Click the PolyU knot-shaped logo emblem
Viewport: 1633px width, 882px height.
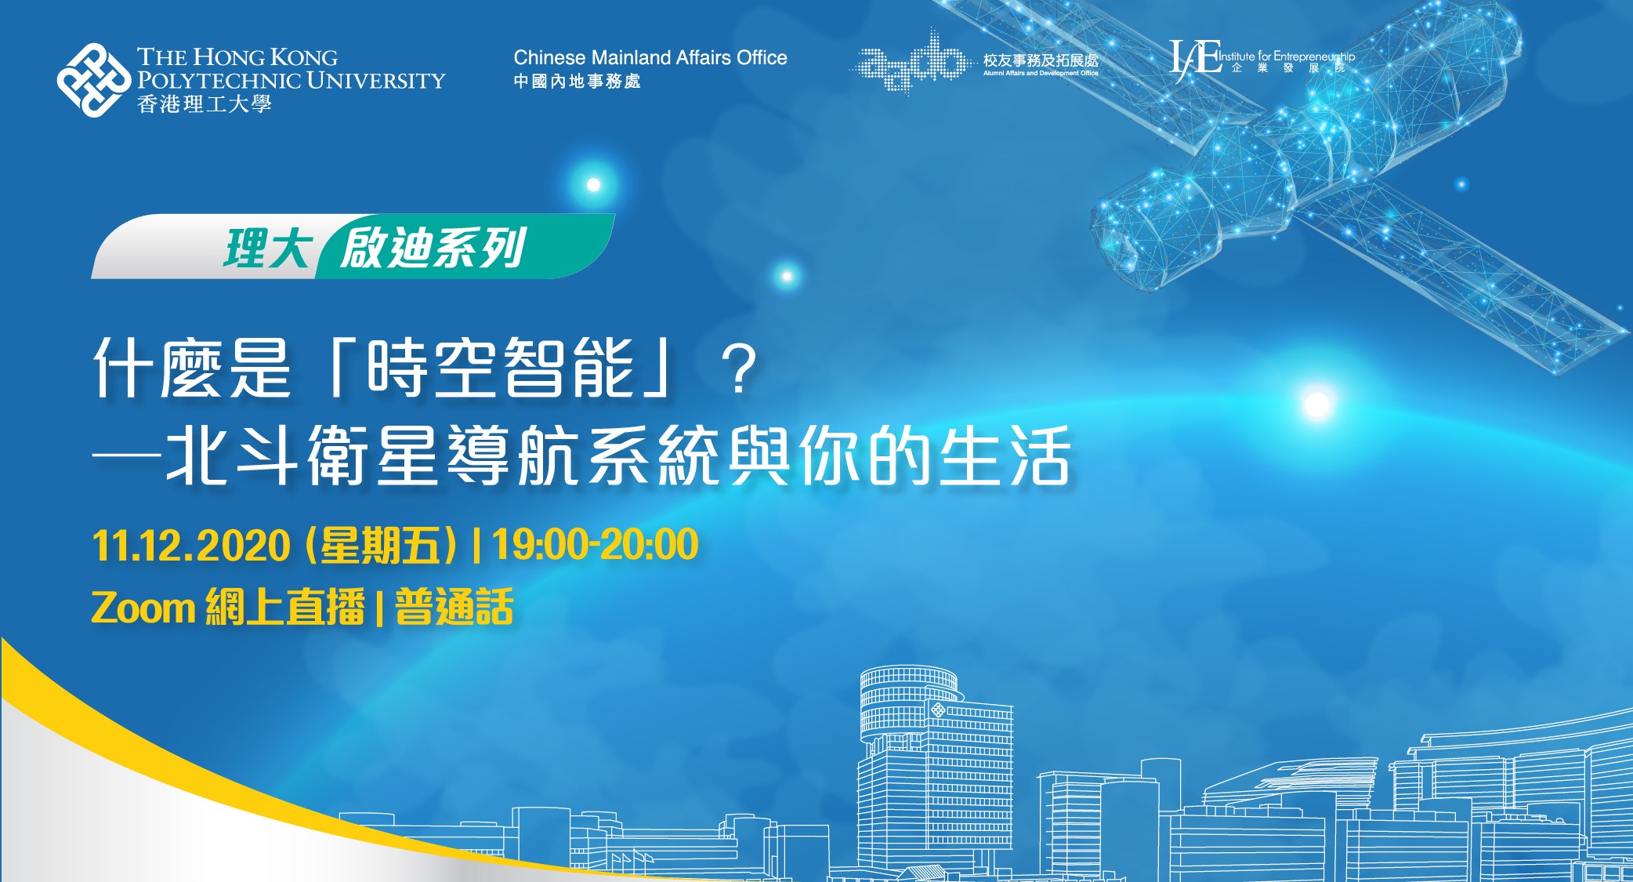[94, 80]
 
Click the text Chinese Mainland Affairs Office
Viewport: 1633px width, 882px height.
[650, 57]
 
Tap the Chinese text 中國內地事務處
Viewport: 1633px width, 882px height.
[578, 82]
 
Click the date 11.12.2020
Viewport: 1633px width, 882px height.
[191, 546]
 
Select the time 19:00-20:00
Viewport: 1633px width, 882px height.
[595, 544]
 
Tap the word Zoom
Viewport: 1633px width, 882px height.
[143, 608]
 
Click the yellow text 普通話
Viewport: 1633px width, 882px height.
[454, 607]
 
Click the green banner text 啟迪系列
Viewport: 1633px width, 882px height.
[433, 248]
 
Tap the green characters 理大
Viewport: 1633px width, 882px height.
[267, 249]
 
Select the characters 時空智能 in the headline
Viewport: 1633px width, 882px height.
[500, 368]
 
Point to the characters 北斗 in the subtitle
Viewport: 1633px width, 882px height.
[232, 456]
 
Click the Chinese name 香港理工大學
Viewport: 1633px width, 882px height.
[205, 104]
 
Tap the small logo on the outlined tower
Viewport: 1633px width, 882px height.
[937, 710]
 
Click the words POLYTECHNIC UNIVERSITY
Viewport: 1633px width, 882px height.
[291, 80]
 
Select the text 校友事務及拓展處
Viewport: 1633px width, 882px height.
[1041, 60]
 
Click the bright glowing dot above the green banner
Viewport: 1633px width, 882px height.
[594, 185]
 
